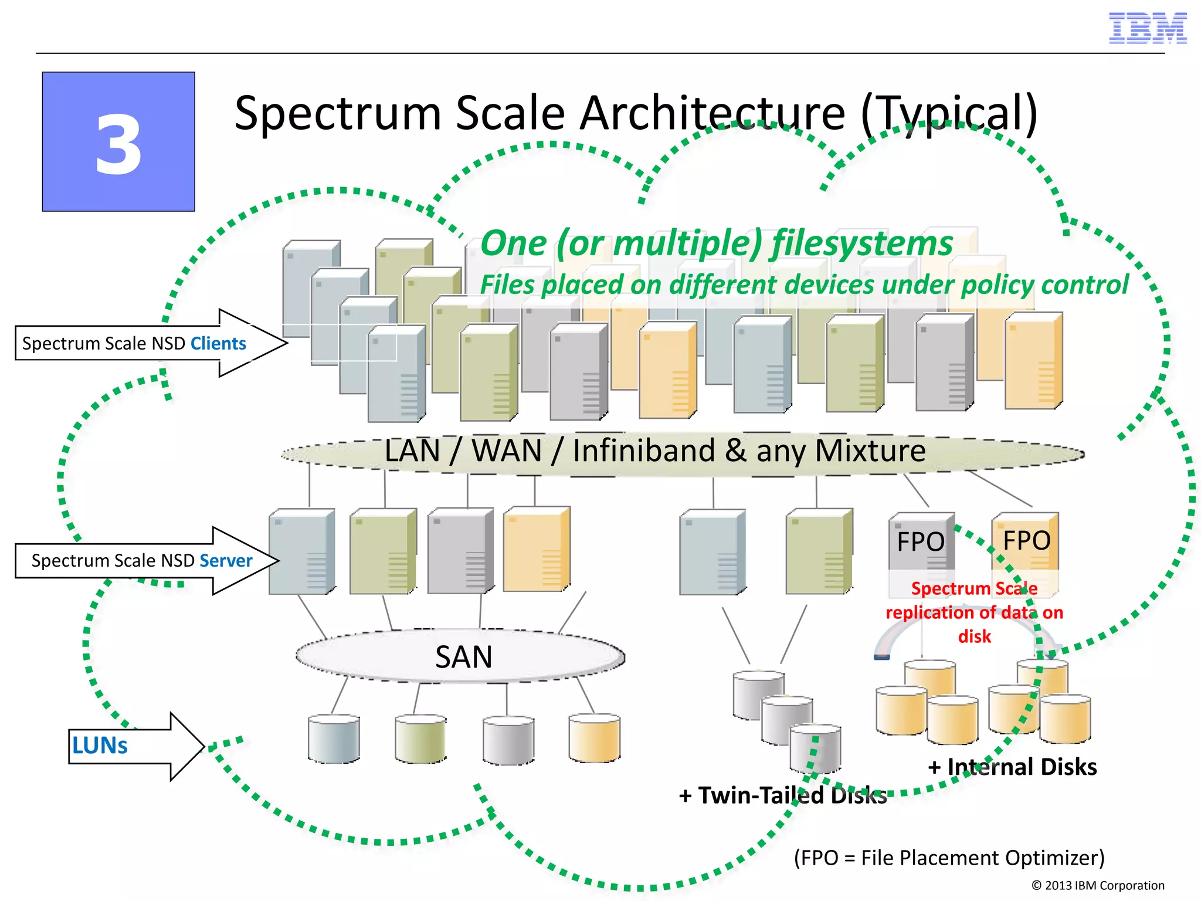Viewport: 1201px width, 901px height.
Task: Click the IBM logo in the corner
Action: click(1147, 28)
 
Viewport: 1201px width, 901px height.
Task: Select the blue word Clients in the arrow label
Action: click(218, 343)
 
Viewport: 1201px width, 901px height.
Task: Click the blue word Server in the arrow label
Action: click(226, 561)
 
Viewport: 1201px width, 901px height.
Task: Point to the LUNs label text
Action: click(100, 746)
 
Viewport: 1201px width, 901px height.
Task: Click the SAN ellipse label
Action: click(463, 657)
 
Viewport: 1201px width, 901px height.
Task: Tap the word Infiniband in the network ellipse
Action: click(644, 450)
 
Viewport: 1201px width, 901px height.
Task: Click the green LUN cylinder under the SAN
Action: click(420, 739)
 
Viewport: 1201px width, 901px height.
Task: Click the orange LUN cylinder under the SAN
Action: click(594, 738)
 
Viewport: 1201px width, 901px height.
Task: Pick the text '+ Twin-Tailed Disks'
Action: click(782, 795)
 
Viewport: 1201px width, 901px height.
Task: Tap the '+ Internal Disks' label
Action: click(1012, 767)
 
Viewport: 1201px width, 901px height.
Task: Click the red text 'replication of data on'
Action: click(974, 612)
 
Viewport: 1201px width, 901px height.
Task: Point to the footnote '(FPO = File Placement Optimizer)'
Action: click(949, 858)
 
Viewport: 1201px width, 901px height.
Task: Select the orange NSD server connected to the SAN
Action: click(536, 550)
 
